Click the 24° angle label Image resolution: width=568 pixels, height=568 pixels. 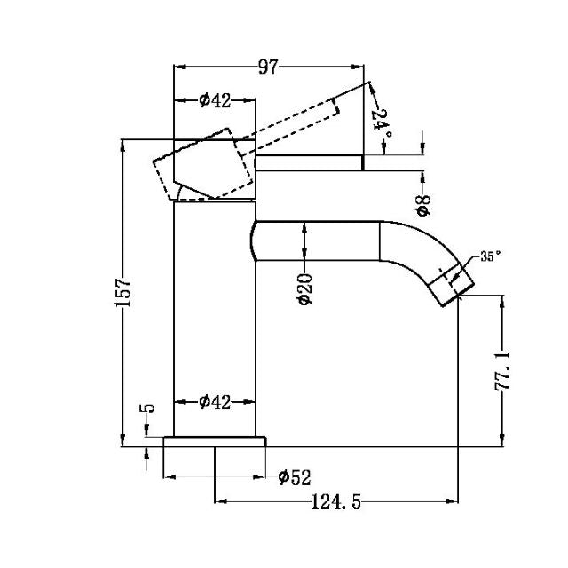382,121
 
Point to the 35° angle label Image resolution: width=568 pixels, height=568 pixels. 490,256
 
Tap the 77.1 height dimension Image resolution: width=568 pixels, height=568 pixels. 503,371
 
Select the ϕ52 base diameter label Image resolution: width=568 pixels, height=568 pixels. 294,478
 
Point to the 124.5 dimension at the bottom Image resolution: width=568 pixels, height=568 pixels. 335,502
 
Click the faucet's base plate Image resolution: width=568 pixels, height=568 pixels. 216,441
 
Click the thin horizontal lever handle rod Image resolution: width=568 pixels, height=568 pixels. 311,162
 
